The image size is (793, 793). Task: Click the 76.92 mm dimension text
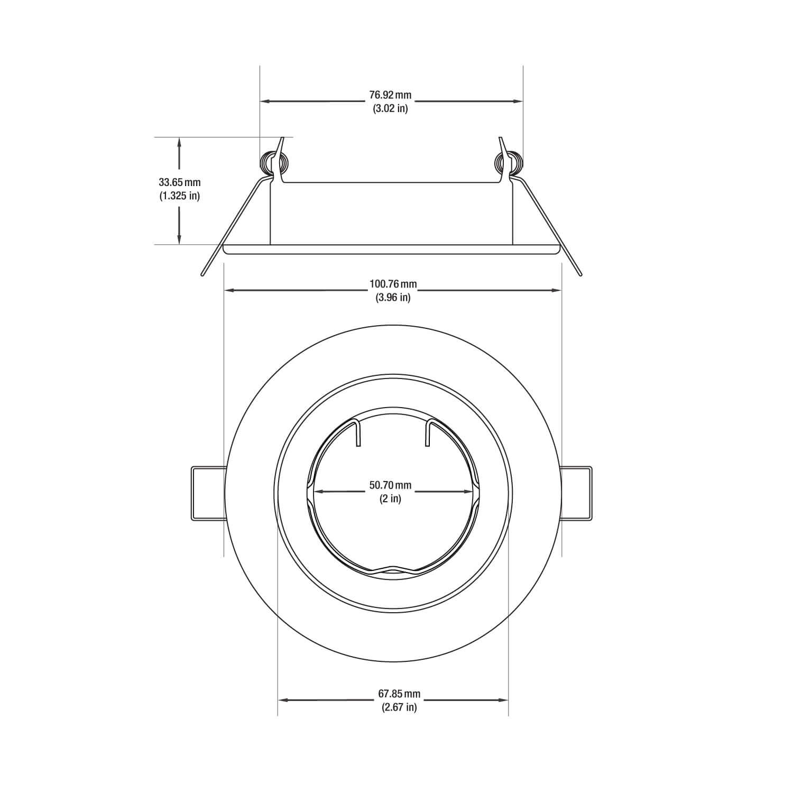point(390,95)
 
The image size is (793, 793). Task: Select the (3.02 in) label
point(390,109)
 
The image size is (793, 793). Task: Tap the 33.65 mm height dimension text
point(180,182)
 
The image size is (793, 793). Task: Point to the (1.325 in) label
point(180,196)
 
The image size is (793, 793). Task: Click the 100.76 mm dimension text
point(393,284)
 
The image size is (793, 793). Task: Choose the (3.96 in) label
point(393,298)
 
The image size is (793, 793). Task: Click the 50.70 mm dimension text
point(390,485)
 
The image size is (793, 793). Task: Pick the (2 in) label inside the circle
point(390,499)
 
